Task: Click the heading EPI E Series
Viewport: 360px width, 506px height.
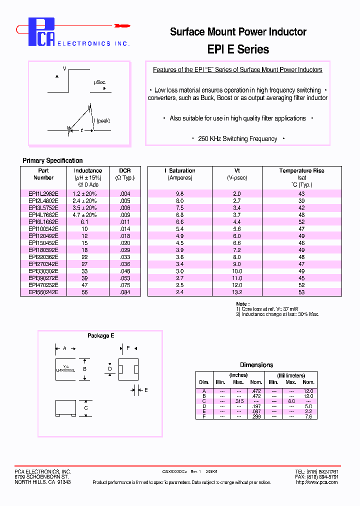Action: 237,49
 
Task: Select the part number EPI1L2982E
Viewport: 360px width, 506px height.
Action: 43,193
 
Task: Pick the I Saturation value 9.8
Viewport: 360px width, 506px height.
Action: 180,193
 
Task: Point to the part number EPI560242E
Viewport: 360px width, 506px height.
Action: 43,292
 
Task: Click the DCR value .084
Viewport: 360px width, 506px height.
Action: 124,292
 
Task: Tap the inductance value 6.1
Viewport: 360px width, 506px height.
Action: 87,221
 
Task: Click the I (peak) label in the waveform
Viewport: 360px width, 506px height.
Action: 102,120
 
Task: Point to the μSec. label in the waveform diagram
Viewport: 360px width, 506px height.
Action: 99,82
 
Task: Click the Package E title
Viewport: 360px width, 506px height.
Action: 101,335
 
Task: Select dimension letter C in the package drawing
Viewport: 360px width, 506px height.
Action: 85,408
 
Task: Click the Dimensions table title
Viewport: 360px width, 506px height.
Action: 256,365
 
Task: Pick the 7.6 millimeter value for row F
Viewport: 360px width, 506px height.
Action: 308,416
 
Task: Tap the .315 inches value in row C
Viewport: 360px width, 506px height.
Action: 239,401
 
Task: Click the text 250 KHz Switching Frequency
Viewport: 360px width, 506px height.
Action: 237,138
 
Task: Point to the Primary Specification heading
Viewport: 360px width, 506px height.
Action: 52,160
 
